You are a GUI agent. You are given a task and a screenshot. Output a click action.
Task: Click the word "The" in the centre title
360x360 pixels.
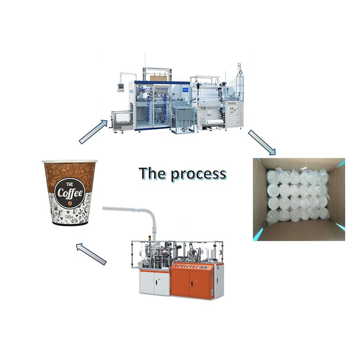point(152,173)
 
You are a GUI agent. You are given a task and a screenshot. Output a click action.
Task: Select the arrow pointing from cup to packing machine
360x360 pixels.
point(94,131)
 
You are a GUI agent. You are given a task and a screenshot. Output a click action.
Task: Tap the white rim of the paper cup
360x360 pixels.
point(69,161)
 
